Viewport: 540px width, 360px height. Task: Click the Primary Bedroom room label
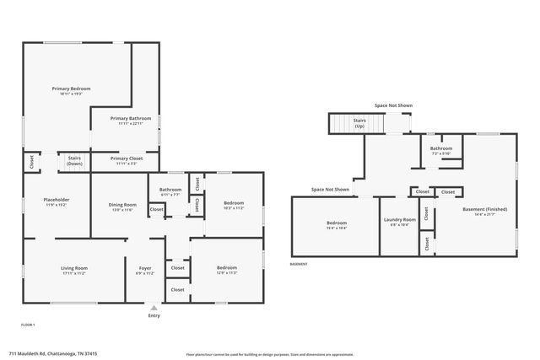click(x=71, y=89)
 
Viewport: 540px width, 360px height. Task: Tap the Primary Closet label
click(x=126, y=159)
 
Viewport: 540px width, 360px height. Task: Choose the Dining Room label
click(x=123, y=206)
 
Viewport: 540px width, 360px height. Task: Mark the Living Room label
click(x=74, y=270)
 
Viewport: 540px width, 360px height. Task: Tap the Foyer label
click(x=145, y=270)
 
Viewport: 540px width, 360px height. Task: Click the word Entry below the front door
click(x=154, y=316)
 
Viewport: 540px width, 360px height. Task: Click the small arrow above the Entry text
click(x=154, y=309)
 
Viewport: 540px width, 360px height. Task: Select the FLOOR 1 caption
click(x=28, y=325)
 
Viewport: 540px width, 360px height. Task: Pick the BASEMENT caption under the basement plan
click(x=299, y=264)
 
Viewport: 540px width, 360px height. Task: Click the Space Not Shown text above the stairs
click(x=393, y=105)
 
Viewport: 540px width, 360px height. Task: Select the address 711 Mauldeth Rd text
click(x=53, y=354)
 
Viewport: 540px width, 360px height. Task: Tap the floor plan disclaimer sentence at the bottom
click(x=269, y=354)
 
